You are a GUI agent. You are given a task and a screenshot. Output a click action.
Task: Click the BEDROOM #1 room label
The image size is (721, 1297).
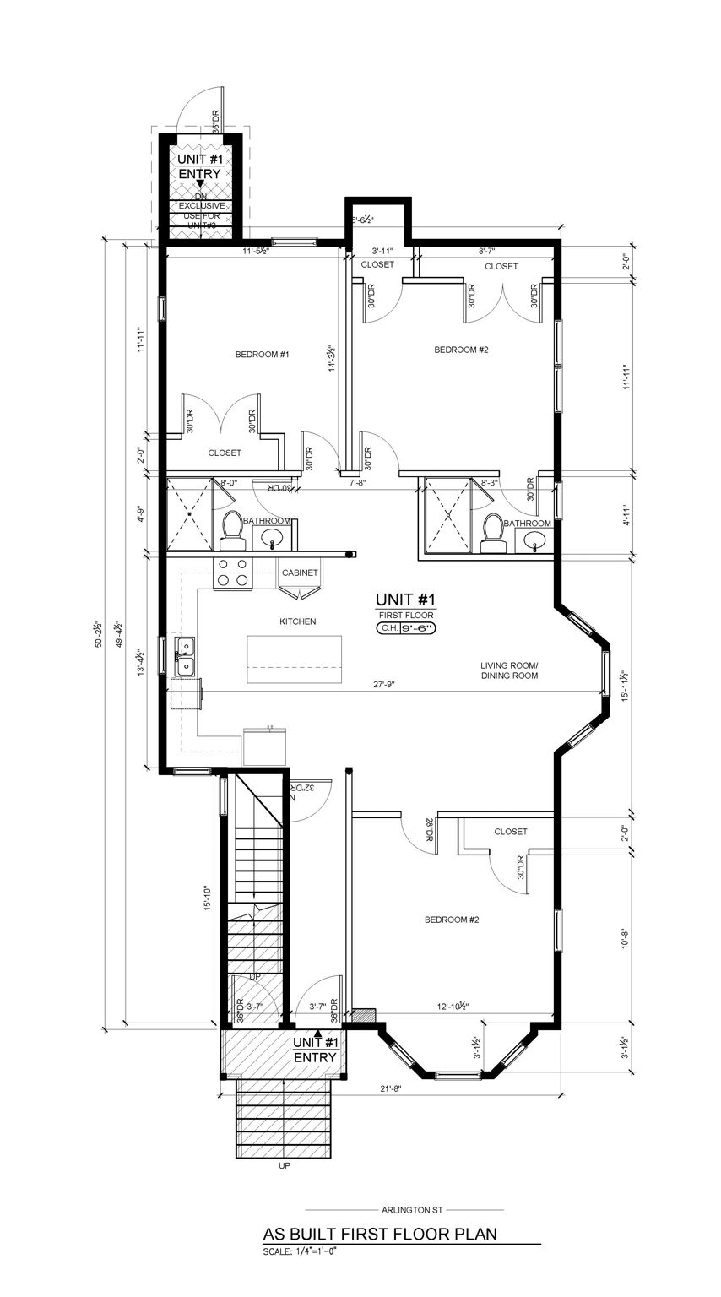pos(262,355)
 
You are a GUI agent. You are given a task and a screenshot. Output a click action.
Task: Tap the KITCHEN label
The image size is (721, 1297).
pos(298,621)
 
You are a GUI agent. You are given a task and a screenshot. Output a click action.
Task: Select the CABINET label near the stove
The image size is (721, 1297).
pos(301,573)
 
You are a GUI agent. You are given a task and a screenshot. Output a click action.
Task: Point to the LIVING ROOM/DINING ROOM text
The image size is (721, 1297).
pos(509,670)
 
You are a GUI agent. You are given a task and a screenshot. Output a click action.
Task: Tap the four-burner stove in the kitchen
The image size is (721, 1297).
pos(232,573)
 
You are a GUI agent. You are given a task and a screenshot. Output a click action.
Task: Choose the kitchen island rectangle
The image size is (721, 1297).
pos(295,660)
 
